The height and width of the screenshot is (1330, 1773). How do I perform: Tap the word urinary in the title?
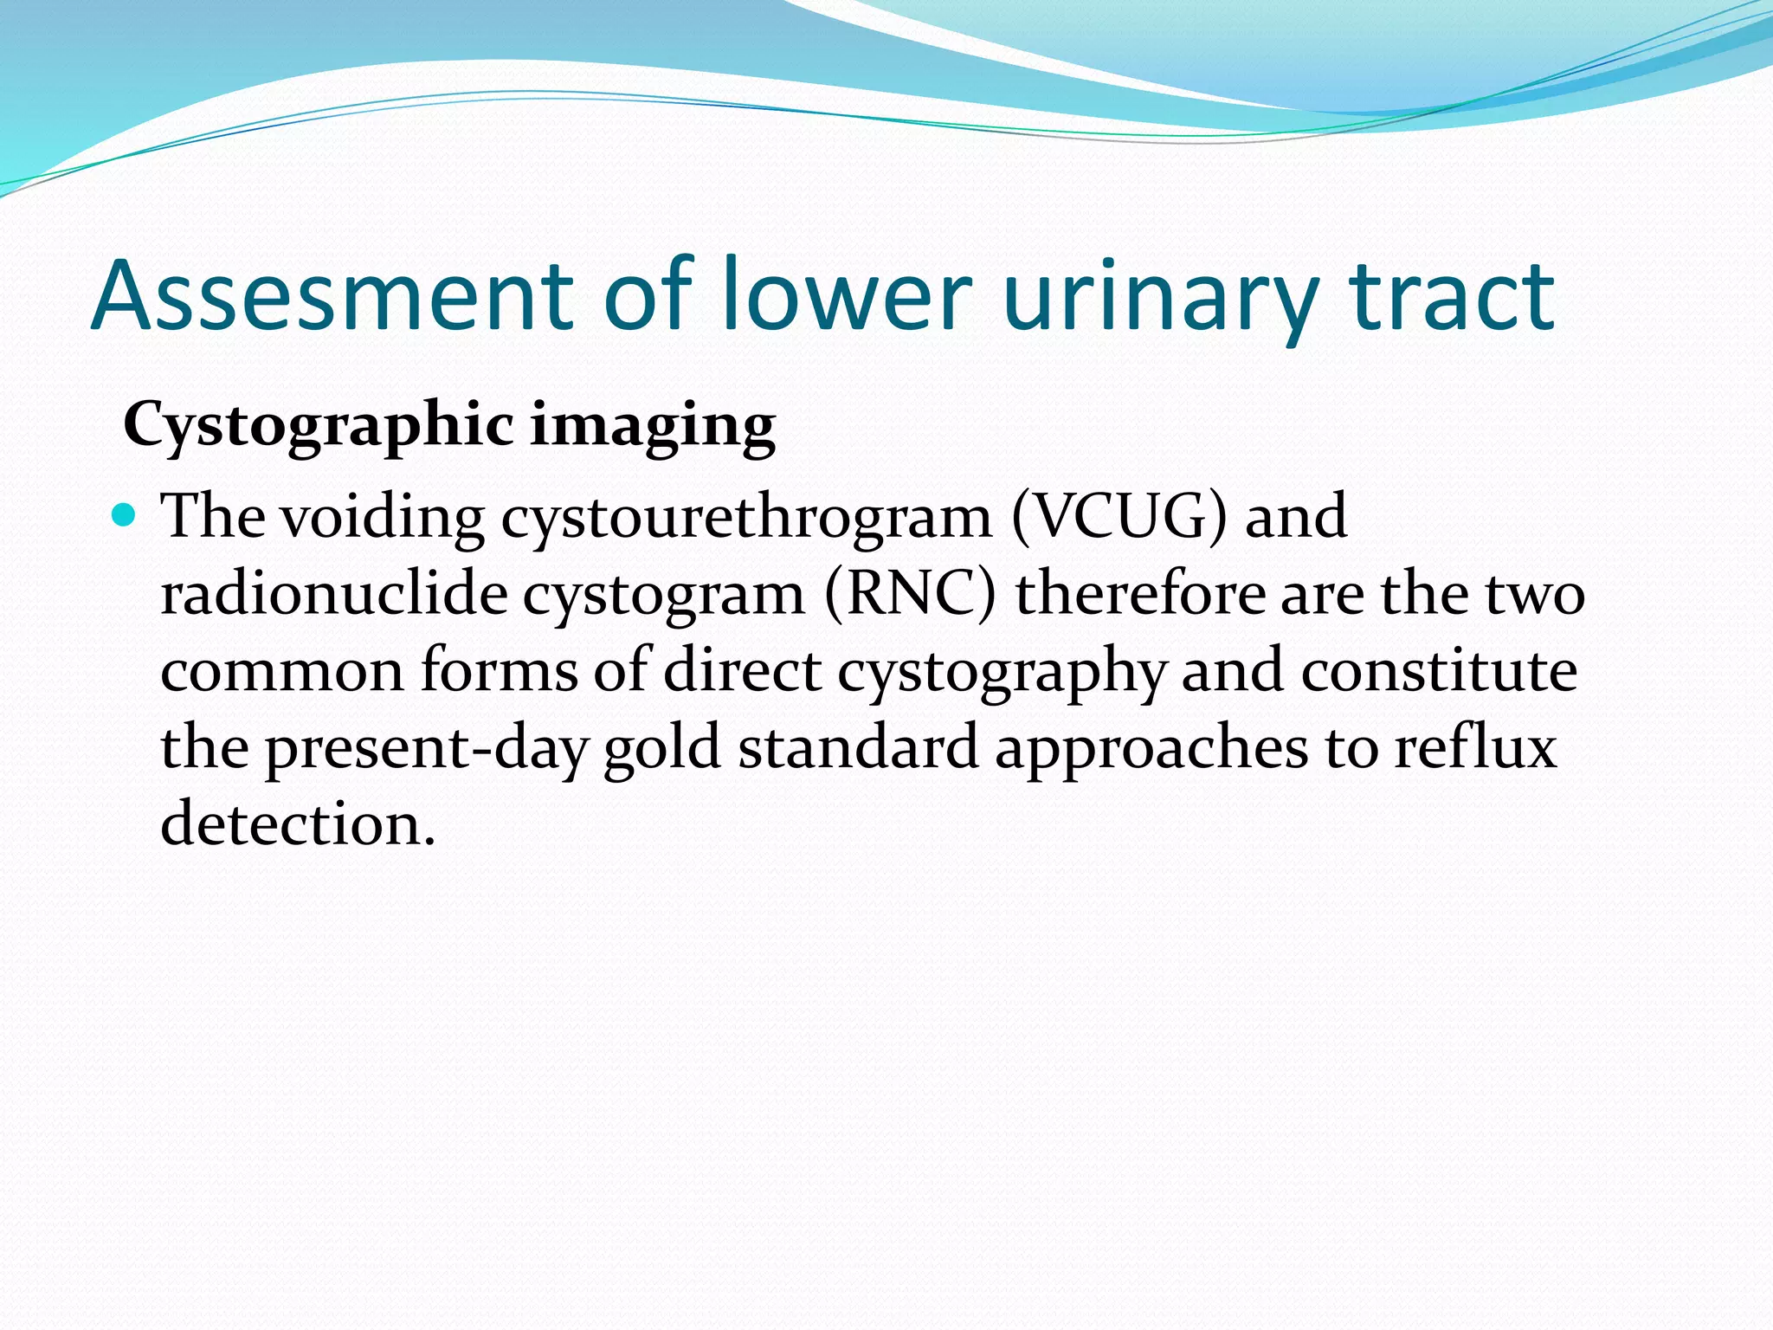click(x=1160, y=297)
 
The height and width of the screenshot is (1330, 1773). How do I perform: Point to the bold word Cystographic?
click(x=319, y=427)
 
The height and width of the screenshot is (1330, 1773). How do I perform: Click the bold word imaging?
click(x=653, y=427)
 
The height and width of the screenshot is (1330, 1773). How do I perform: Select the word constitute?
click(x=1439, y=672)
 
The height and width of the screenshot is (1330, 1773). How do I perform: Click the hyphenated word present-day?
click(x=425, y=749)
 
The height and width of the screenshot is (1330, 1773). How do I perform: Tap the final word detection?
click(x=297, y=824)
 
